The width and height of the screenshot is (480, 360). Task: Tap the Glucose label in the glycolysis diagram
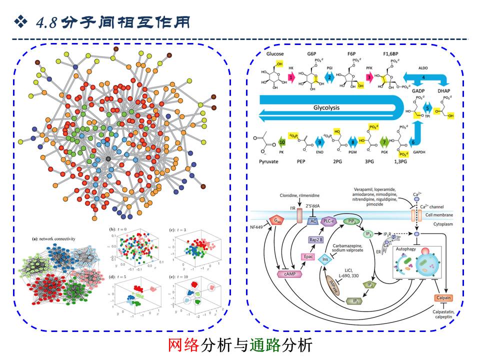[275, 53]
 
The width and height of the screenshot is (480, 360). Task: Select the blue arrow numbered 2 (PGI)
[330, 77]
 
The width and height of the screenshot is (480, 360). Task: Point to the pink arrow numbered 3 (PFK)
[369, 77]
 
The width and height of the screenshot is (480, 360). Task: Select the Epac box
[308, 256]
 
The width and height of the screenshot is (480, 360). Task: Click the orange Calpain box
[444, 298]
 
